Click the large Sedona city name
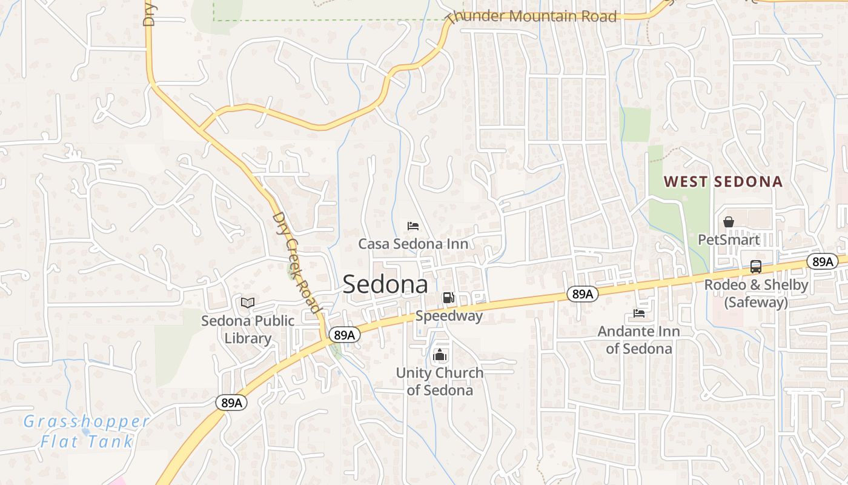point(385,284)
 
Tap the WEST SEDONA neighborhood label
point(723,181)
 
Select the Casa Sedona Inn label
point(413,244)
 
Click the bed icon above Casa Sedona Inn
point(413,226)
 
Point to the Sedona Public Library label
point(248,329)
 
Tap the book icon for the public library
point(248,303)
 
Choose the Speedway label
point(449,316)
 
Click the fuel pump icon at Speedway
point(448,297)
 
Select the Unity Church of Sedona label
point(440,381)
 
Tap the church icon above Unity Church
point(440,355)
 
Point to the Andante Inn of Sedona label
point(639,340)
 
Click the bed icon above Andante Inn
point(639,313)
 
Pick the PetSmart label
point(729,239)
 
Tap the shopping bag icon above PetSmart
point(729,222)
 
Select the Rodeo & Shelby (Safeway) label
point(756,293)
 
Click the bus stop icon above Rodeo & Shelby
point(756,266)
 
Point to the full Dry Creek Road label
point(296,262)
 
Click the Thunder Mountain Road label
point(533,16)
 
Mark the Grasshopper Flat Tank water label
point(86,431)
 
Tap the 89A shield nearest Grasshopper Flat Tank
point(231,403)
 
